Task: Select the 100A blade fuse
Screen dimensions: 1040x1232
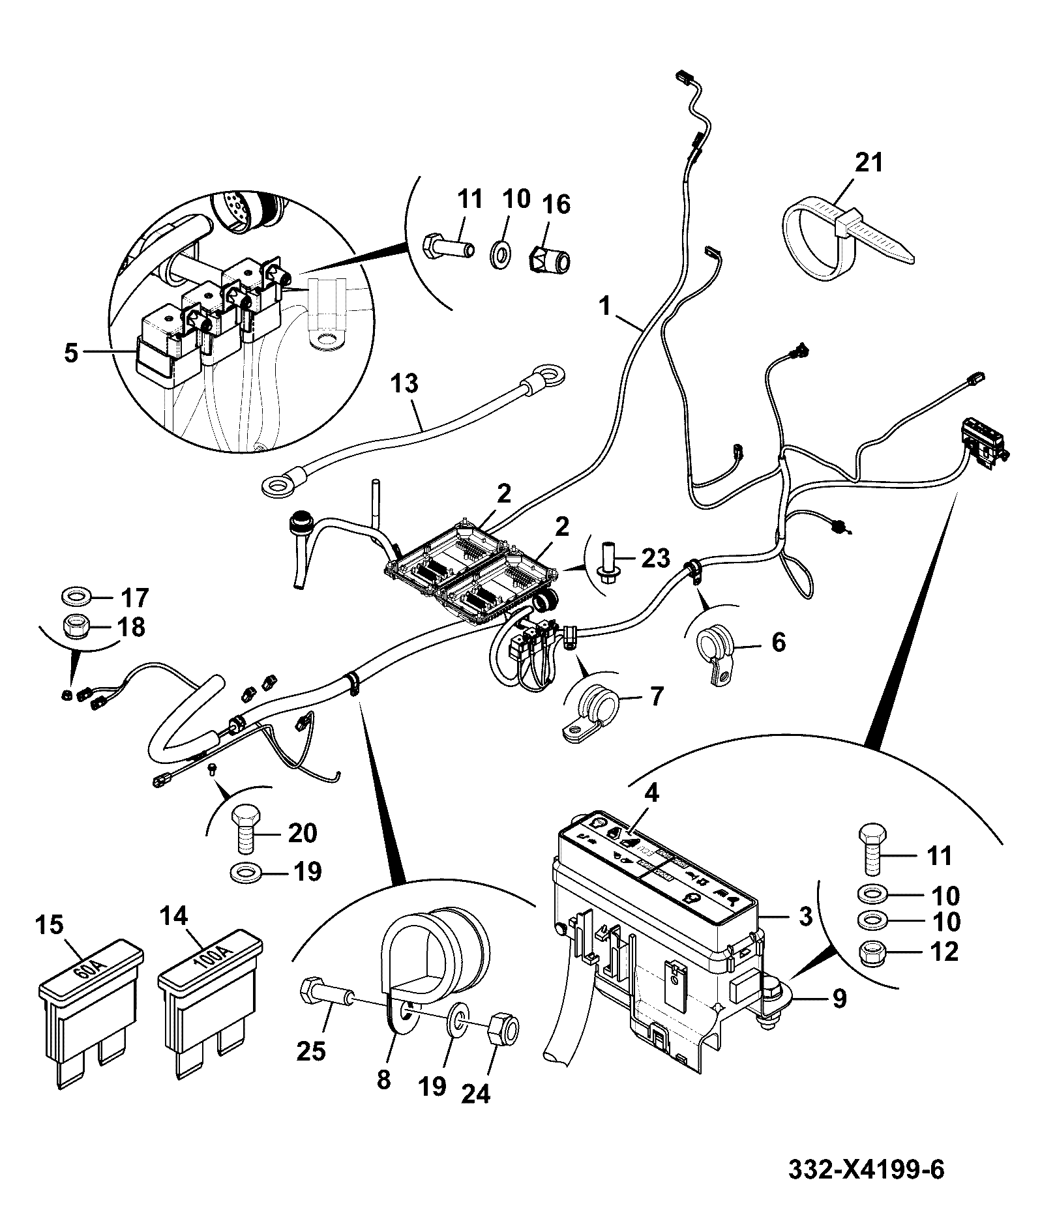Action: click(x=210, y=1006)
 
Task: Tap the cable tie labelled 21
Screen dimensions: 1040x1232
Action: click(x=850, y=239)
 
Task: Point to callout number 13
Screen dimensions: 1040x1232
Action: click(x=404, y=384)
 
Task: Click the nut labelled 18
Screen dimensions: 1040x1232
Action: click(x=76, y=628)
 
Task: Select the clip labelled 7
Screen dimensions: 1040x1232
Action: click(x=587, y=712)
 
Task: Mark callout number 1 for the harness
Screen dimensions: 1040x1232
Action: click(x=606, y=307)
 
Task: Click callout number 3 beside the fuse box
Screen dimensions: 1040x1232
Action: click(x=805, y=917)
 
